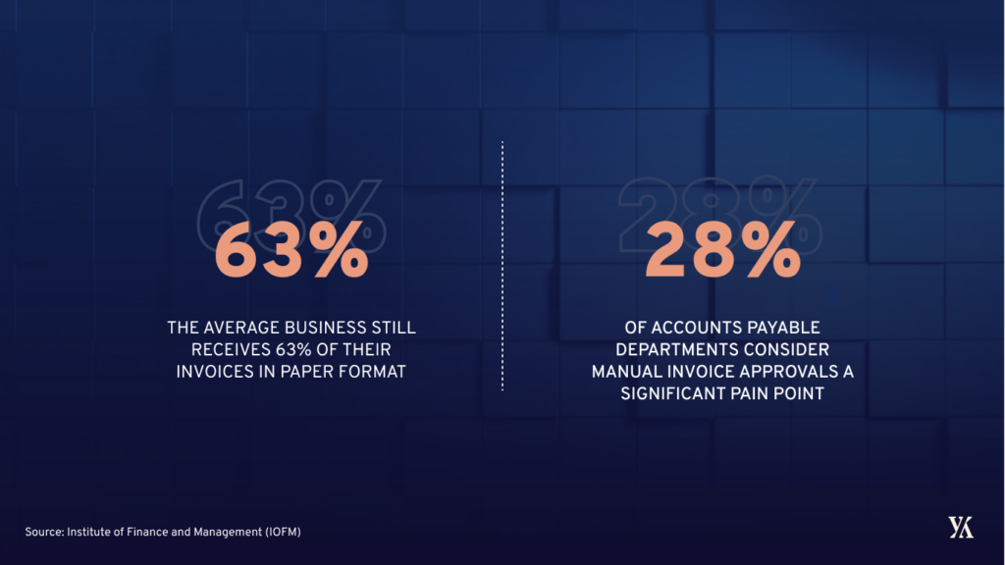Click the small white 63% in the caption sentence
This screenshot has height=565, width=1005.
point(280,349)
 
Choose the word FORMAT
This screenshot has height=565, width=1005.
point(371,372)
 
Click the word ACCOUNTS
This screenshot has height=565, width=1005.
point(685,327)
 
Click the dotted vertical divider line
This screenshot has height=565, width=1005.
point(502,265)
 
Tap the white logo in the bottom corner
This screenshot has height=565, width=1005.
point(961,527)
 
